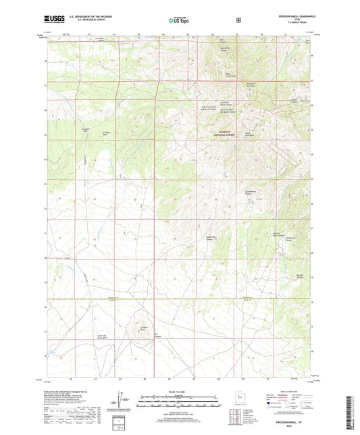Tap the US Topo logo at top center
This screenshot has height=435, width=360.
click(179, 21)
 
